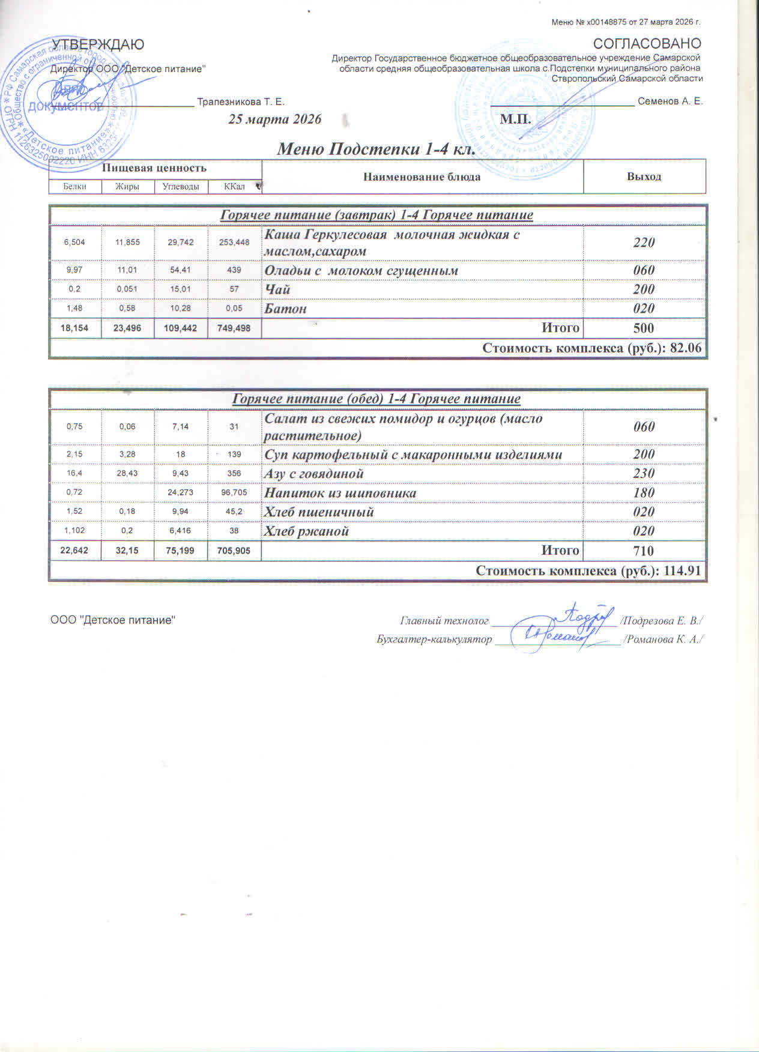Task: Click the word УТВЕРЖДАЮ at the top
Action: pos(98,44)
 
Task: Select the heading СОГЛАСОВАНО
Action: pos(647,44)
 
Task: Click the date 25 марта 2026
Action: pos(275,119)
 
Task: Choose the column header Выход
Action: pos(644,177)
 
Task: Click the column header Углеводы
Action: pos(181,187)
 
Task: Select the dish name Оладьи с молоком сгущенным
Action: pos(361,270)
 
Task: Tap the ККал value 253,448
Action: pos(234,243)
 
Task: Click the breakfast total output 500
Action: pos(644,328)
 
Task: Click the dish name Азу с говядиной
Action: pos(314,474)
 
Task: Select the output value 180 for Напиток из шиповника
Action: pos(644,493)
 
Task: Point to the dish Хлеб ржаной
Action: pos(307,531)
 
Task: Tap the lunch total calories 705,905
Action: pos(234,551)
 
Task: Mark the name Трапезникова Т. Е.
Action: pos(241,102)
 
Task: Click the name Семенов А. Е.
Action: pos(670,101)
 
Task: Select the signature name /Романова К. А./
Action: pos(664,639)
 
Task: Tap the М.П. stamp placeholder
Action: pos(516,119)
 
